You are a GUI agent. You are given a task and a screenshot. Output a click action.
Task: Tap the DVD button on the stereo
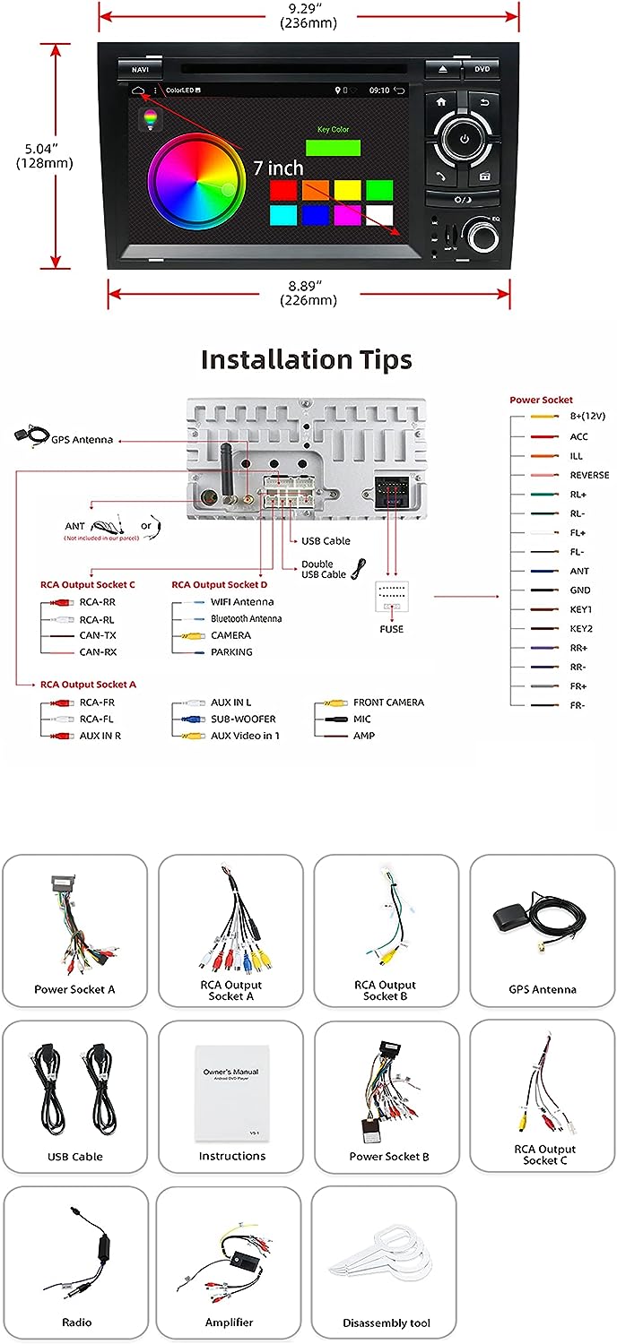click(x=482, y=69)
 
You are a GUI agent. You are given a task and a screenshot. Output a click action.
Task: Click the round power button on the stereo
click(x=464, y=138)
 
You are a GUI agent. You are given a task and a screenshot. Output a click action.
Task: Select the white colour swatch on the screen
click(x=379, y=215)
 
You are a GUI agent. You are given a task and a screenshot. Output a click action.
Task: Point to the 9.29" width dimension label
click(x=308, y=16)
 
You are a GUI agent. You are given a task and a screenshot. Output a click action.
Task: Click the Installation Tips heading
click(x=307, y=360)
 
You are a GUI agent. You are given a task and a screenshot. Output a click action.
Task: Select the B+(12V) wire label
click(x=587, y=418)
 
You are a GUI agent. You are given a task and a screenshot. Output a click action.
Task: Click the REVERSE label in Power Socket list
click(x=589, y=476)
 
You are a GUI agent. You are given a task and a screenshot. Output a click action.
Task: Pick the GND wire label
click(x=580, y=590)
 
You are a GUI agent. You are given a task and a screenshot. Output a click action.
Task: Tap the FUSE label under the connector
click(x=391, y=629)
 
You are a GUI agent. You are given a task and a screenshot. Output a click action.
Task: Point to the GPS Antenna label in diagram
click(x=82, y=440)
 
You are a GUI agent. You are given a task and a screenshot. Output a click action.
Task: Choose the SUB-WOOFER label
click(x=243, y=719)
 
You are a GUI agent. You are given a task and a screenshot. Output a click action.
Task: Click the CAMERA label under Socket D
click(x=230, y=635)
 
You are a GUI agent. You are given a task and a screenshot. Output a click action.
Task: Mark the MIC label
click(x=361, y=719)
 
